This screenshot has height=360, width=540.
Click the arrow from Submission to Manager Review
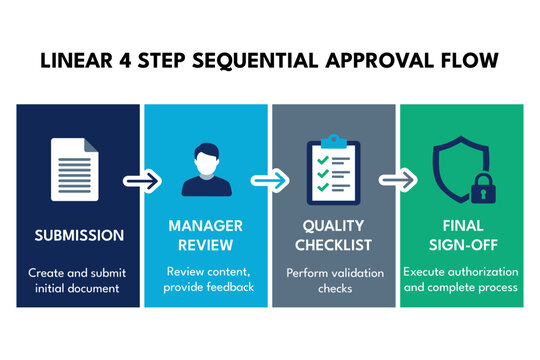coord(140,181)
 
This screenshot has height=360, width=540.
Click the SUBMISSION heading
coord(80,236)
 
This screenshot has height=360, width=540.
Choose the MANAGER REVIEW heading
coord(206,236)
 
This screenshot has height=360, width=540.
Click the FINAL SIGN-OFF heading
coord(461,236)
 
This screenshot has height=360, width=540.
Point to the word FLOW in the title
coord(469,61)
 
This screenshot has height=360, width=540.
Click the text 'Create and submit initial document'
coord(80,279)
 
